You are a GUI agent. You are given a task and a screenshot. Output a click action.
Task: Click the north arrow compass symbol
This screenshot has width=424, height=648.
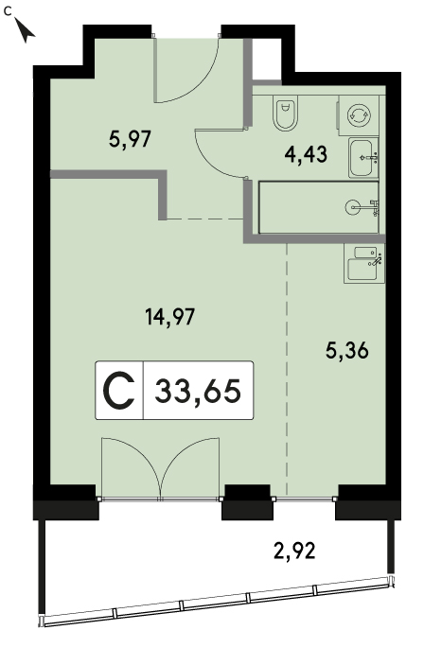(x=26, y=30)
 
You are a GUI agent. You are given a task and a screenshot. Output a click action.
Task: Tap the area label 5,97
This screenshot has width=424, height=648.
(x=130, y=139)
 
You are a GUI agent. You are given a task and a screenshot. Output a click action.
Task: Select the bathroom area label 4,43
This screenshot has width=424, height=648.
(x=306, y=154)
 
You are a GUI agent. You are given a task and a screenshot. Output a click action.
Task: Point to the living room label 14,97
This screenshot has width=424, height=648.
(x=169, y=318)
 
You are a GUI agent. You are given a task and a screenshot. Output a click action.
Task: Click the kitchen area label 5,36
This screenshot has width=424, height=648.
(x=347, y=352)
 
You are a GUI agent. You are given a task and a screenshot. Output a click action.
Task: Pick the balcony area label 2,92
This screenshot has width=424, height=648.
(x=295, y=551)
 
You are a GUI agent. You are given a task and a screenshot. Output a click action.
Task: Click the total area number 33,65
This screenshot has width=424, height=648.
(x=198, y=391)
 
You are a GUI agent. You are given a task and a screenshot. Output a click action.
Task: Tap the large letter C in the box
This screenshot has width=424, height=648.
(x=118, y=391)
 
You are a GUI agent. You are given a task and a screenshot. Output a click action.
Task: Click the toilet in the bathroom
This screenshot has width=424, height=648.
(x=285, y=114)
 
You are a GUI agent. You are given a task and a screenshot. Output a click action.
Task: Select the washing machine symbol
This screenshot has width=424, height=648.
(x=356, y=114)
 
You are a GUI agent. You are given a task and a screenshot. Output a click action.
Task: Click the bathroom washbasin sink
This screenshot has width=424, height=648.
(x=363, y=157)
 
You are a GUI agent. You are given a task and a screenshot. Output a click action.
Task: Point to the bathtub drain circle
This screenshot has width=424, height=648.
(x=352, y=206)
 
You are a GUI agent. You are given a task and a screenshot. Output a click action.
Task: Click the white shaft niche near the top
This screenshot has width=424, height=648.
(x=267, y=59)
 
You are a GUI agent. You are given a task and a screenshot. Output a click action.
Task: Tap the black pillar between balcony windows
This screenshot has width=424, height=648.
(x=247, y=502)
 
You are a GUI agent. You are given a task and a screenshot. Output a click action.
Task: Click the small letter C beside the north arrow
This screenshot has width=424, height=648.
(x=8, y=11)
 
